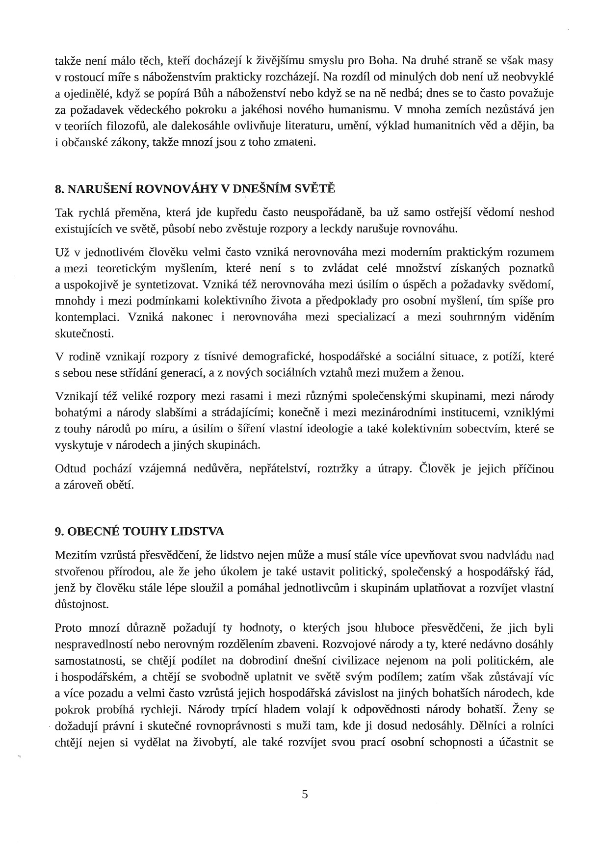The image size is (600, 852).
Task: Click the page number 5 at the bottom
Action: pyautogui.click(x=305, y=794)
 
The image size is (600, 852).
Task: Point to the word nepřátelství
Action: pyautogui.click(x=280, y=469)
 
